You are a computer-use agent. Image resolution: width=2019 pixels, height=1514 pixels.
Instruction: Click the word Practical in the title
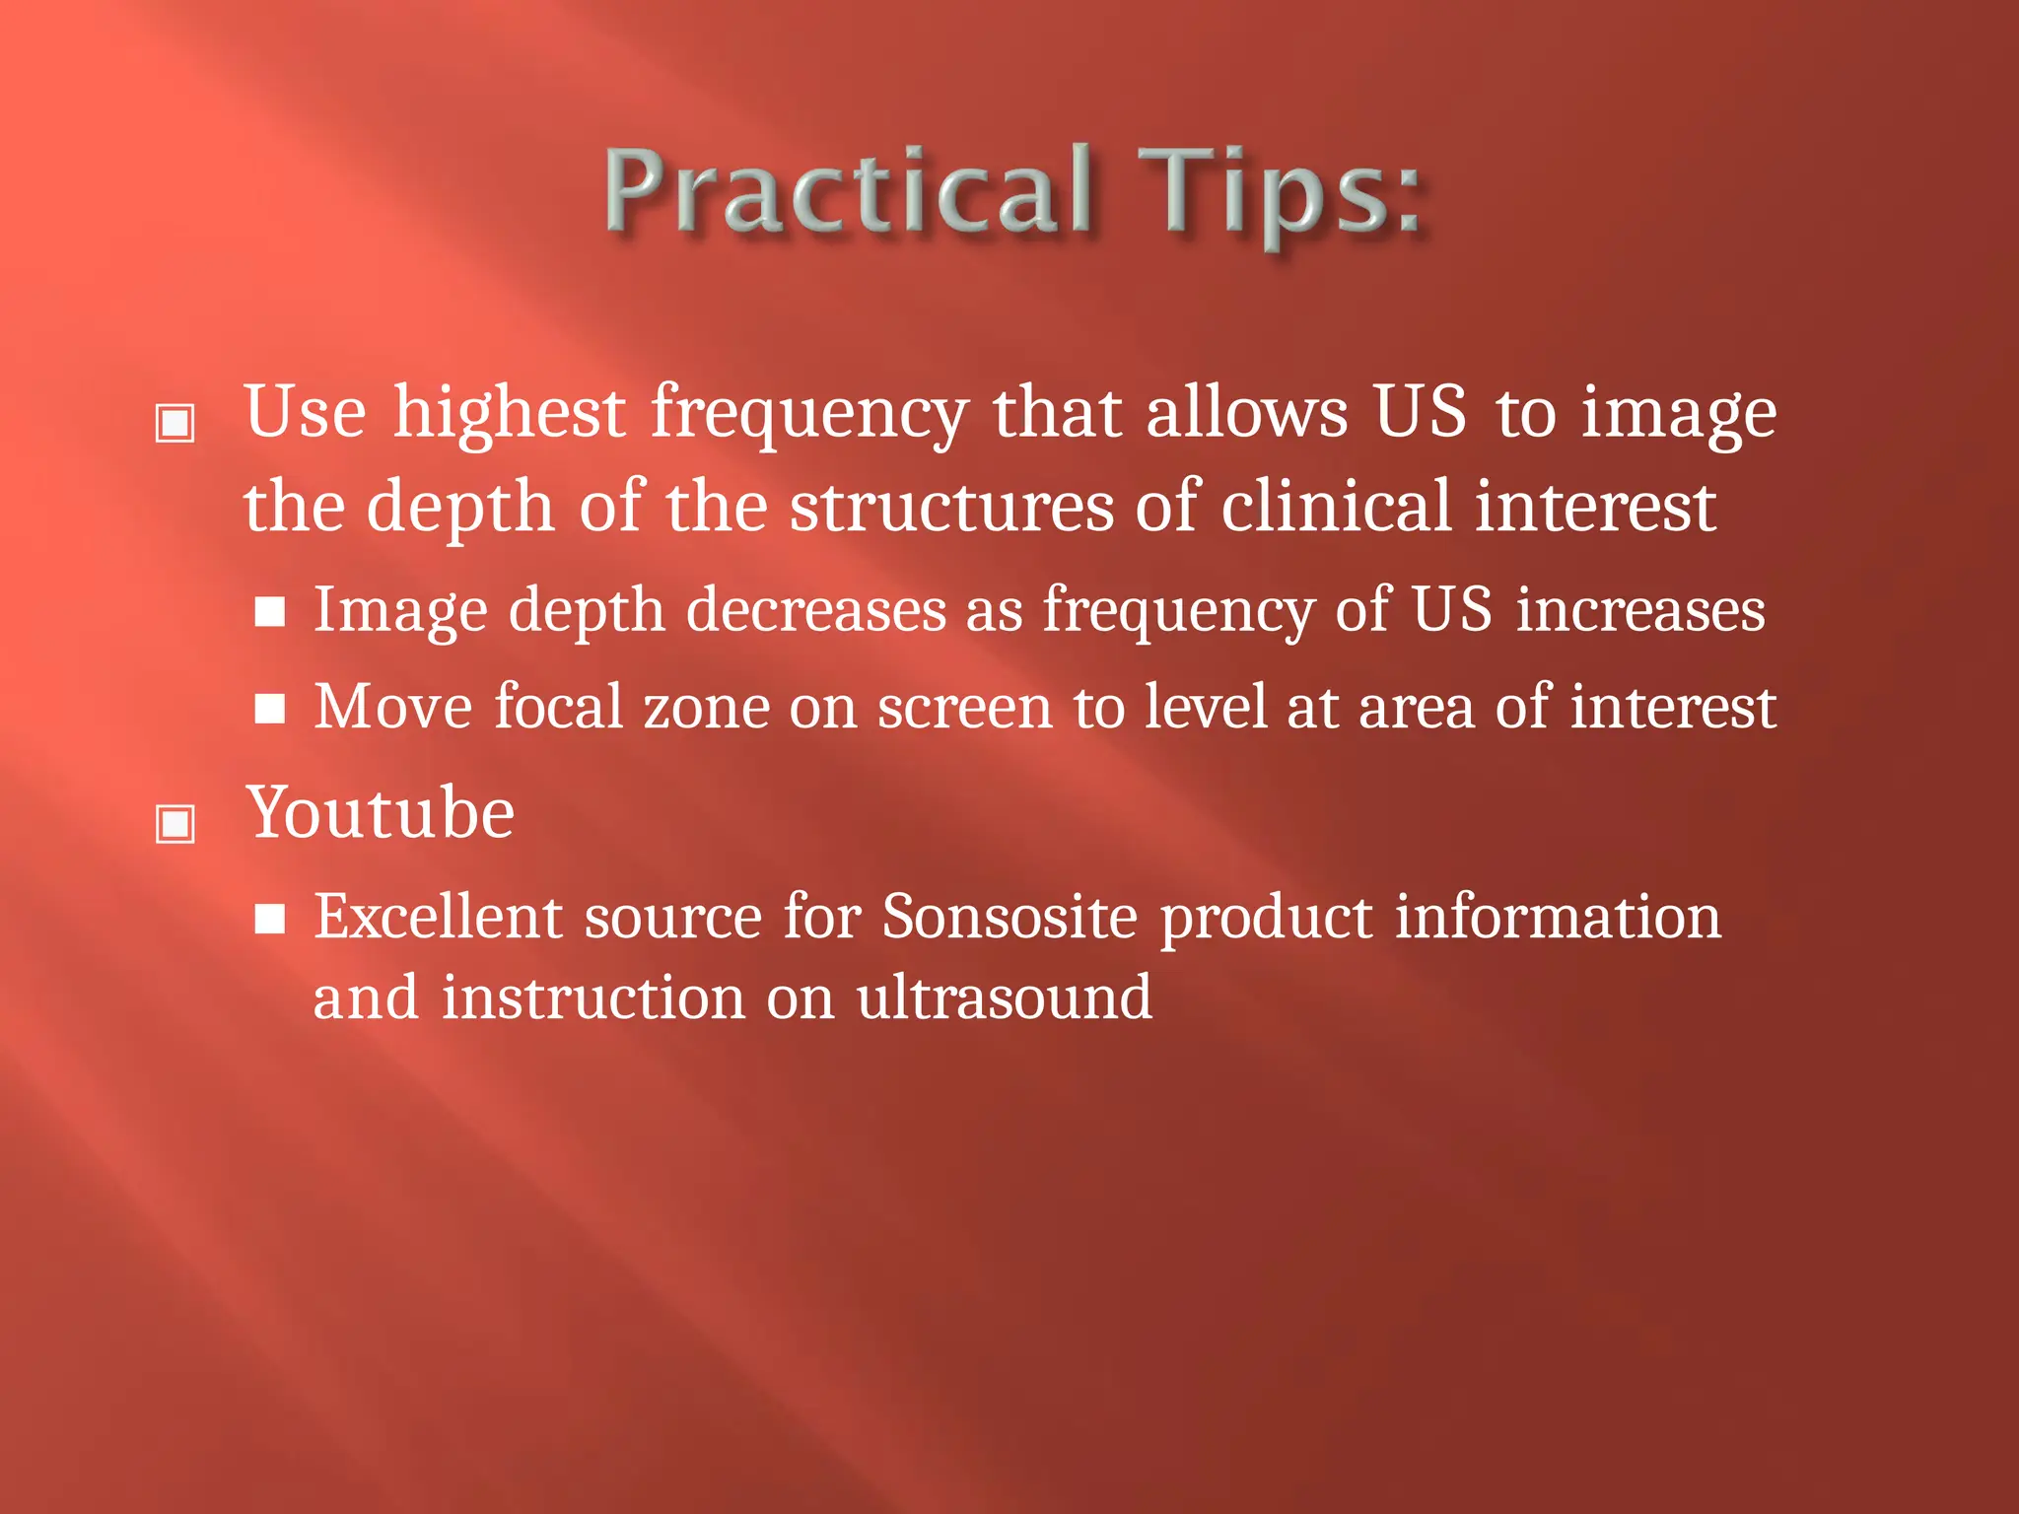tap(848, 192)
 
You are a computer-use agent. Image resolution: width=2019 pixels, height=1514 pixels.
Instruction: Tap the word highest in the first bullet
tap(509, 414)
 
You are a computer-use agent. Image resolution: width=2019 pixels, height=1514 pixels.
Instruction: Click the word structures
tap(951, 508)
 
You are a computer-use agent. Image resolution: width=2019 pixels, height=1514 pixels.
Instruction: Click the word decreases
tap(816, 611)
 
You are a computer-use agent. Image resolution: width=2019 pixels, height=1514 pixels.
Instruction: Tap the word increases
tap(1640, 611)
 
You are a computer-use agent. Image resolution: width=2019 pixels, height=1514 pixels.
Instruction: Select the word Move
tap(393, 708)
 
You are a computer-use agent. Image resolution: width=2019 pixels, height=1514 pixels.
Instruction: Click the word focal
tap(558, 708)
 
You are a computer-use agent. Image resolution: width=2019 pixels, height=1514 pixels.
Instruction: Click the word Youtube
tap(380, 814)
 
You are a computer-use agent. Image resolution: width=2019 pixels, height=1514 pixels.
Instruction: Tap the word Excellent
tap(438, 917)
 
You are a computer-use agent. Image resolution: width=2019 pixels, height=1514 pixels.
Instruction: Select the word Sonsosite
tap(1009, 917)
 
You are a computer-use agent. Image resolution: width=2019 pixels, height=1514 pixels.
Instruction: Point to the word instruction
tap(592, 998)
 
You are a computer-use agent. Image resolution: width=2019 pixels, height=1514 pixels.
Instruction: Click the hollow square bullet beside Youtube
tap(175, 823)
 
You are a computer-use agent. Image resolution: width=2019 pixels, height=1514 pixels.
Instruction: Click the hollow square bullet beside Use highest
tap(175, 423)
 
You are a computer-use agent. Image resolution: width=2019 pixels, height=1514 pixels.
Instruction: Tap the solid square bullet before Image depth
tap(269, 612)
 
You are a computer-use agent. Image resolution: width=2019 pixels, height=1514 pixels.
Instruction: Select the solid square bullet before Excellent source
tap(269, 919)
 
